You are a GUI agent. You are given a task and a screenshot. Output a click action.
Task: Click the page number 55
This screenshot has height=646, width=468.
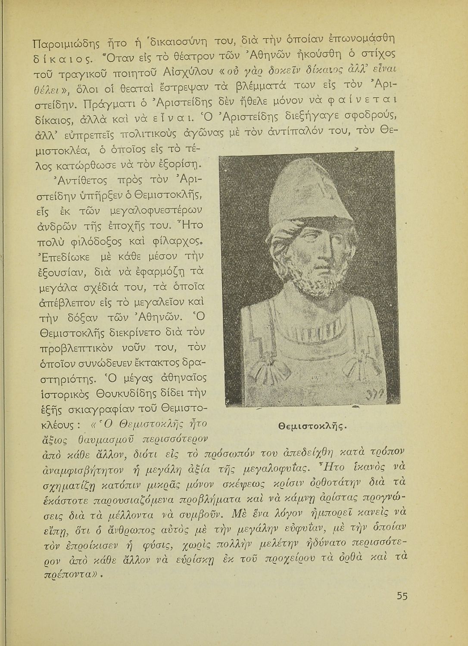tap(402, 596)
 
